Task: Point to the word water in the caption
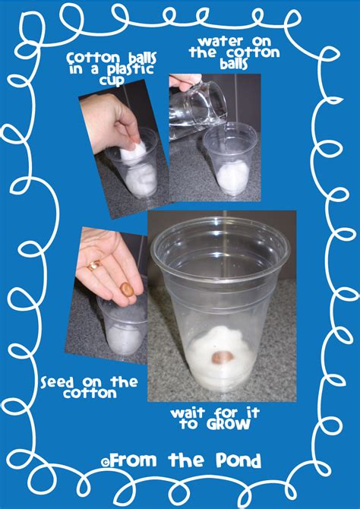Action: pyautogui.click(x=216, y=42)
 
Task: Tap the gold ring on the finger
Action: pyautogui.click(x=94, y=266)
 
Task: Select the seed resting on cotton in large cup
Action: pyautogui.click(x=223, y=357)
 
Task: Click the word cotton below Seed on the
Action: pyautogui.click(x=90, y=394)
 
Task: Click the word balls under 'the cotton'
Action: pyautogui.click(x=233, y=64)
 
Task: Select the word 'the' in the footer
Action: pyautogui.click(x=187, y=460)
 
